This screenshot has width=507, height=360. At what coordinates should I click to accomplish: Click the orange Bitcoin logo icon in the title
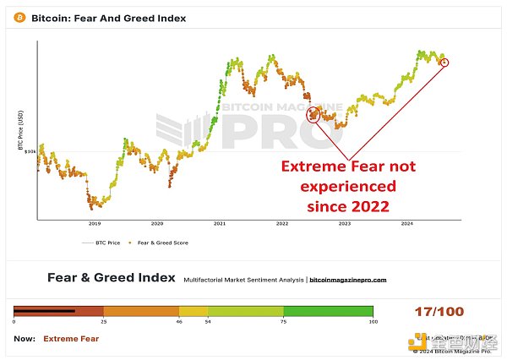coord(20,17)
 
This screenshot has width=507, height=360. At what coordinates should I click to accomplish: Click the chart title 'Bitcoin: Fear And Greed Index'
coord(108,17)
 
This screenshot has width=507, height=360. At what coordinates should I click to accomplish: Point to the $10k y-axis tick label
coord(30,152)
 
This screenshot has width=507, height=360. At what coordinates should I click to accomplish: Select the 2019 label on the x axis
coord(95,224)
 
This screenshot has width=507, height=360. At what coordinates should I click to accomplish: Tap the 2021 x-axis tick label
coord(220,224)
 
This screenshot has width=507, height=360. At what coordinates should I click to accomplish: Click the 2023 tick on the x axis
coord(345,224)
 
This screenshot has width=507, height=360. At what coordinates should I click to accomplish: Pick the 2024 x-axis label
coord(407,224)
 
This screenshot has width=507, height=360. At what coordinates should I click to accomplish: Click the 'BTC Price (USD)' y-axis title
coord(20,130)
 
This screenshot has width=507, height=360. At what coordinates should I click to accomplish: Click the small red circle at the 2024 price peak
coord(445,62)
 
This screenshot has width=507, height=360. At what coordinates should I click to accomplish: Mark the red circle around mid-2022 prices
coord(313,114)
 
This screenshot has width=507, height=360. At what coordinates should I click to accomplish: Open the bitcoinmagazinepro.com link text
coord(348,279)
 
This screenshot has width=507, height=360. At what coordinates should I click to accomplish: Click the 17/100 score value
coord(439,312)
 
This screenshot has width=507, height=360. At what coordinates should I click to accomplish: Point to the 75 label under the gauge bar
coord(283,323)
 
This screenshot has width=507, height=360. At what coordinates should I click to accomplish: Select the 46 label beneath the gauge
coord(179,323)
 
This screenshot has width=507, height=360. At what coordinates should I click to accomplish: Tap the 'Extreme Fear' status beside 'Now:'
coord(71,339)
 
